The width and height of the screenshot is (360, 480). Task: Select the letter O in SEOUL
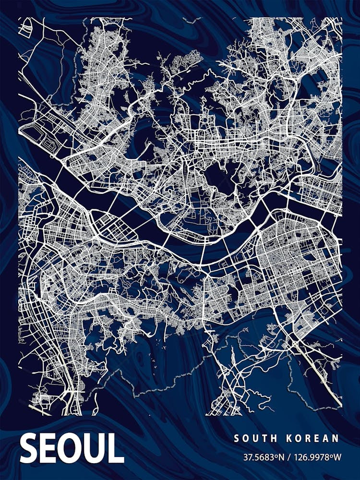71,448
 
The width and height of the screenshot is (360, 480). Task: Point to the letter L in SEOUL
116,448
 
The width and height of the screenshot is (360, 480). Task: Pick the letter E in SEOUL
49,448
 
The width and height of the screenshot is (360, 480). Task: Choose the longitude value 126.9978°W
316,456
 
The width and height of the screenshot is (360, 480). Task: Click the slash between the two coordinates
288,456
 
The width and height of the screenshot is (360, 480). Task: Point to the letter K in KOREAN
289,438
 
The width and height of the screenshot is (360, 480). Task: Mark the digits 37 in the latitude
248,456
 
